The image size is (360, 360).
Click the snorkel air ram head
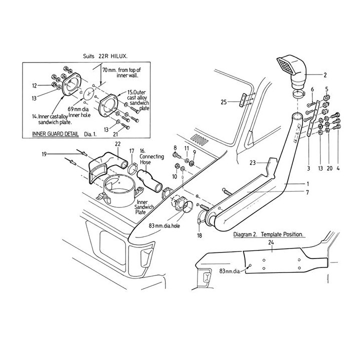tap(291, 71)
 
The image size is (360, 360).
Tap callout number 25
tap(223, 102)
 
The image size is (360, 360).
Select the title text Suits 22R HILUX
tap(105, 56)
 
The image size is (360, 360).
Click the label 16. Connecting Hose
tap(151, 156)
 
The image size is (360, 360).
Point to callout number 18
tap(199, 235)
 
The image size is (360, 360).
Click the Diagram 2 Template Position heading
tap(268, 234)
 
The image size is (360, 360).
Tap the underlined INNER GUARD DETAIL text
tap(55, 134)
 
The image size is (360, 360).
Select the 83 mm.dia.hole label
tap(164, 225)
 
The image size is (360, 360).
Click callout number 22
tap(117, 144)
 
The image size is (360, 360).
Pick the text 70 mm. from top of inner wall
tap(121, 72)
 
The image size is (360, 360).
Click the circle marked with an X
tap(88, 93)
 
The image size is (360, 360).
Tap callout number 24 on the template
tap(271, 242)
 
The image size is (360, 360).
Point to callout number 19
tap(44, 154)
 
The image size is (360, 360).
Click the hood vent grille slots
tap(199, 139)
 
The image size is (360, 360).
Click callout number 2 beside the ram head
tap(325, 75)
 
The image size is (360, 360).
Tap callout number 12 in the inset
tap(34, 85)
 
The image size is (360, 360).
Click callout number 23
tap(252, 163)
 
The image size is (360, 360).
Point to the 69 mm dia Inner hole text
tap(79, 112)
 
